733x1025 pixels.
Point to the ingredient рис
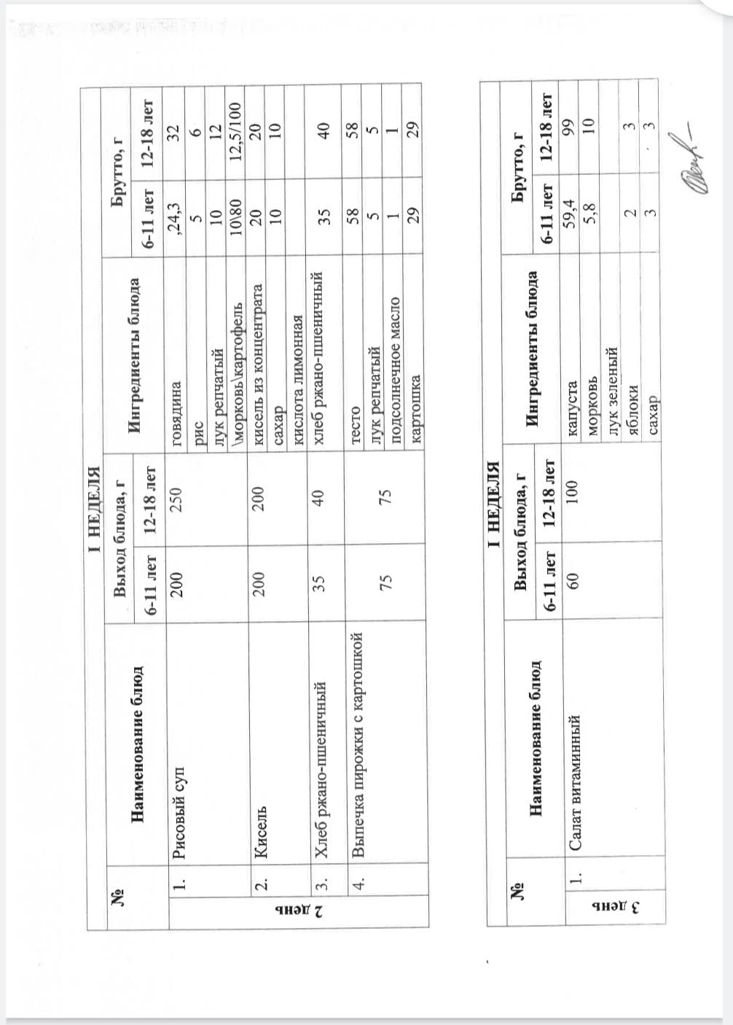click(x=197, y=426)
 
